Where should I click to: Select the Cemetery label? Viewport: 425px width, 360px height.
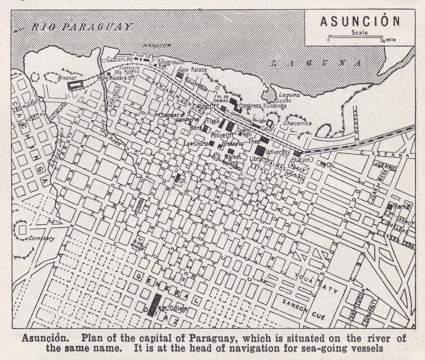[x=42, y=238]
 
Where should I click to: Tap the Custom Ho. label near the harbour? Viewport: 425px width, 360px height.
[x=119, y=58]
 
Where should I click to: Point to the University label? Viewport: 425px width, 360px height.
[x=278, y=151]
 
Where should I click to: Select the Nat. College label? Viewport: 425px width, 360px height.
[x=172, y=308]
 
